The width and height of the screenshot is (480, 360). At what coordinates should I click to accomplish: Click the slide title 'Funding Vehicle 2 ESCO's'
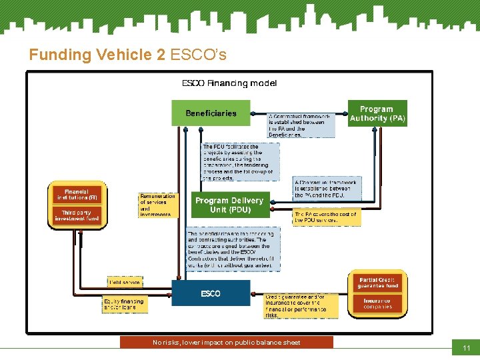click(x=127, y=55)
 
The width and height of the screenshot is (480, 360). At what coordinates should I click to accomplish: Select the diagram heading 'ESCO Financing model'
click(x=229, y=83)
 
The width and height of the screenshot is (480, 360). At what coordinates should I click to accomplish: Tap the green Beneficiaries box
click(x=211, y=113)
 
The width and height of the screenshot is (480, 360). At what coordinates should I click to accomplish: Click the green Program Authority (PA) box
click(x=377, y=113)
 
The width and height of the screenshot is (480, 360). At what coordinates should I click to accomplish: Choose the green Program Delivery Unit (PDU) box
click(x=229, y=205)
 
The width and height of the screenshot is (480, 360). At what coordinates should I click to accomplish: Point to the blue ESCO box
click(x=211, y=293)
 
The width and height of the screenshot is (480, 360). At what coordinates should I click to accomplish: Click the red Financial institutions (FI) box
click(x=77, y=194)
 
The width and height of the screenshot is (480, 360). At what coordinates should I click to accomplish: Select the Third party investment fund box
click(x=77, y=215)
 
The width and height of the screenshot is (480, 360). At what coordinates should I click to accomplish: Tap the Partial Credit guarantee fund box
click(x=377, y=283)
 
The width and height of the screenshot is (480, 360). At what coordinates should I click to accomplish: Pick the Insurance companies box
click(x=377, y=303)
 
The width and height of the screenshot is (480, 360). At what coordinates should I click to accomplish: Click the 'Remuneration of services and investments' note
click(x=158, y=205)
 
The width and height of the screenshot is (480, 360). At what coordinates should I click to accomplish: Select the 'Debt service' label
click(x=124, y=283)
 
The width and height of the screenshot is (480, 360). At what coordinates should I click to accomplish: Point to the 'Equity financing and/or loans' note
click(x=123, y=304)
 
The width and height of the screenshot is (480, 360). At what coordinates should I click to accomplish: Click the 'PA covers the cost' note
click(x=326, y=217)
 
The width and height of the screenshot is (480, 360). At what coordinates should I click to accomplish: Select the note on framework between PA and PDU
click(x=327, y=189)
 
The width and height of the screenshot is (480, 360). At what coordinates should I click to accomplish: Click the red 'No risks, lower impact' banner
click(x=226, y=343)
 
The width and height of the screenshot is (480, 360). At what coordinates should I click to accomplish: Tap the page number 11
click(x=466, y=348)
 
